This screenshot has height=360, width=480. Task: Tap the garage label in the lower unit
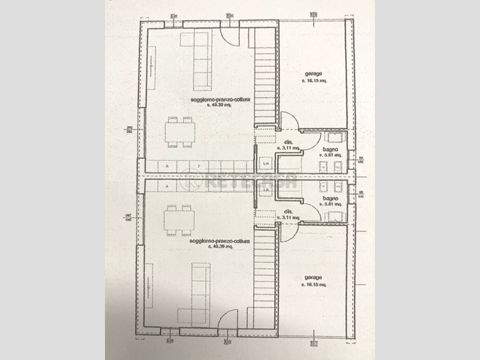[x=314, y=277]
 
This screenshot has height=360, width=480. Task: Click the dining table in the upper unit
[x=179, y=132]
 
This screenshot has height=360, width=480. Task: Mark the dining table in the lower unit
[x=179, y=220]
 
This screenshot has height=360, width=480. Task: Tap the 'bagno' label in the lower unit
[x=330, y=198]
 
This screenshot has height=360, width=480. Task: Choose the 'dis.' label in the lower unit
[x=288, y=211]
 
